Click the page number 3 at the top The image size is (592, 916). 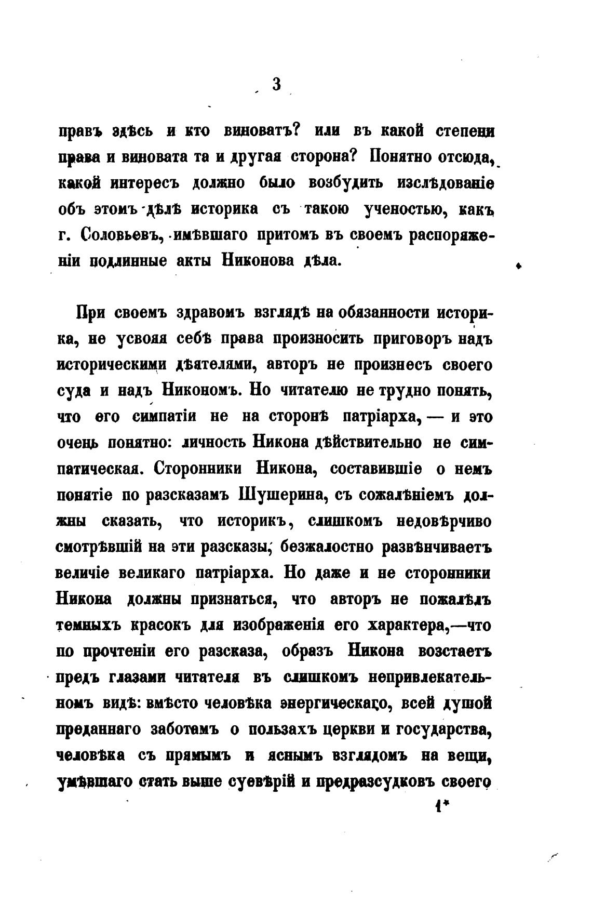pos(277,84)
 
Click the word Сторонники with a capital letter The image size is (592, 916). pos(199,469)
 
